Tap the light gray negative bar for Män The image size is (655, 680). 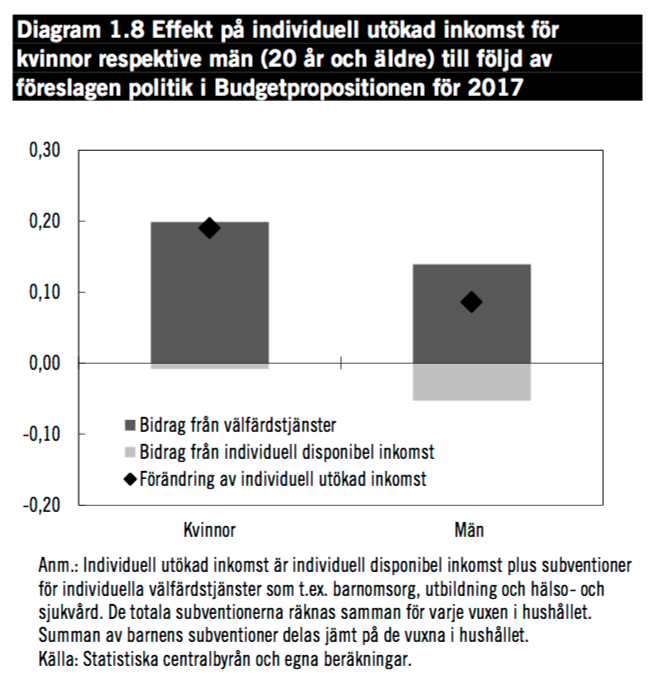click(471, 382)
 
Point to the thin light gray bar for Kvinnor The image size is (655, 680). click(209, 366)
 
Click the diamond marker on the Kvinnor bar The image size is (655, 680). click(209, 228)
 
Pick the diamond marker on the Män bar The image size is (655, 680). click(471, 302)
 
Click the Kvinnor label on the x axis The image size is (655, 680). click(209, 528)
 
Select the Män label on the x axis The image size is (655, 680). click(471, 528)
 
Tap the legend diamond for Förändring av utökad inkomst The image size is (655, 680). click(130, 479)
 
